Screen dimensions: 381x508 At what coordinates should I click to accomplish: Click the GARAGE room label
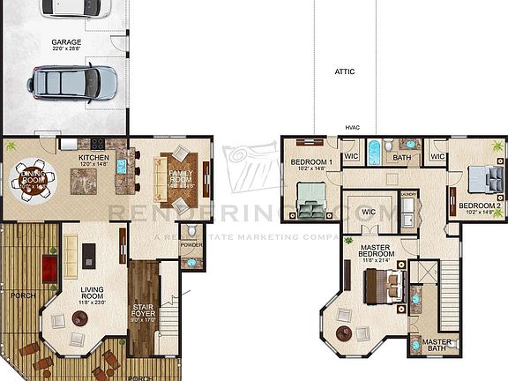tap(66, 42)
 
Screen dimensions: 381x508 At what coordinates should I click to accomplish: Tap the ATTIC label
tap(345, 71)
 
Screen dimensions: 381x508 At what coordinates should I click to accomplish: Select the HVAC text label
tap(353, 127)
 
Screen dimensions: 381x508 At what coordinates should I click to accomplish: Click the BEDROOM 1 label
tap(311, 163)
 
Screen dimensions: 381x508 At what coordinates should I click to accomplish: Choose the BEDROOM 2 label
tap(480, 206)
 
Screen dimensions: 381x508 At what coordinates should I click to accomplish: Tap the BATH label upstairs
tap(402, 158)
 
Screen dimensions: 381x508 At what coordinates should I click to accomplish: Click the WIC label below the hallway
tap(369, 212)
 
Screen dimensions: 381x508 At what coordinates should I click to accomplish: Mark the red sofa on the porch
tap(51, 265)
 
